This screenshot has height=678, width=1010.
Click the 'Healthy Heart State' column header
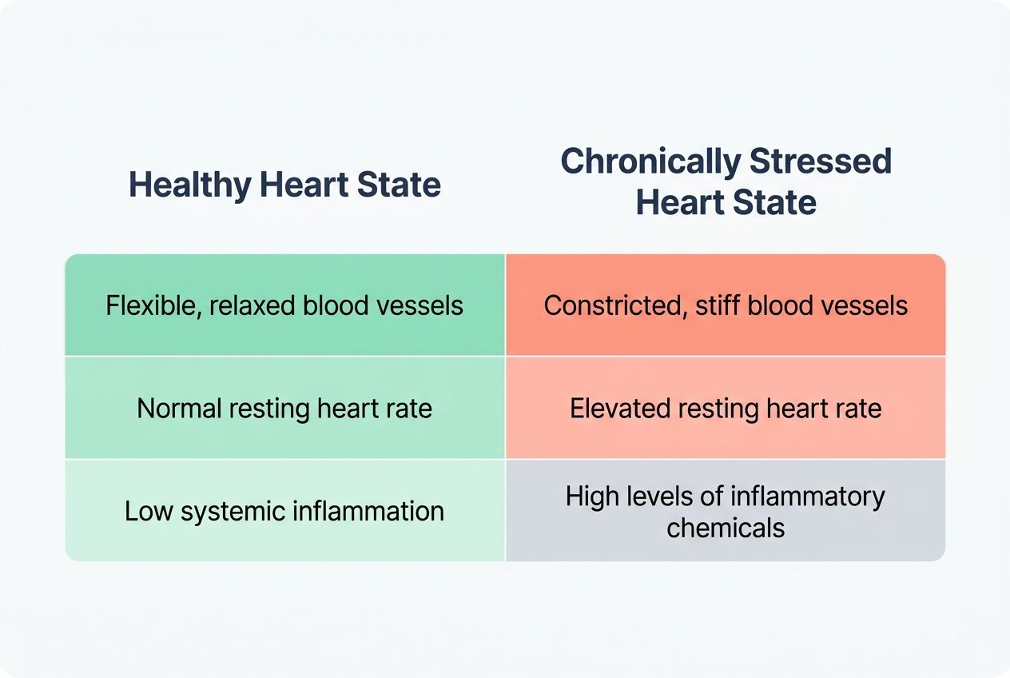click(284, 185)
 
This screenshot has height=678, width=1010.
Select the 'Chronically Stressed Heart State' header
click(726, 181)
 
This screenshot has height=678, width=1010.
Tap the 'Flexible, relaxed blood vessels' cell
click(284, 305)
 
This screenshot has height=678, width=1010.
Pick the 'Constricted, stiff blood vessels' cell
click(726, 305)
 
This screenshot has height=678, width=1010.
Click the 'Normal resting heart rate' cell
click(284, 409)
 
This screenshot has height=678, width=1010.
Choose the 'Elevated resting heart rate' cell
click(726, 409)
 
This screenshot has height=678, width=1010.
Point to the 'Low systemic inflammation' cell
click(284, 511)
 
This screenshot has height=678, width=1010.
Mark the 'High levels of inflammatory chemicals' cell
click(726, 511)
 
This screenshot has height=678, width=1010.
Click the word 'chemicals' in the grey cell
click(726, 528)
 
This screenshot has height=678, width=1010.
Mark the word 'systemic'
click(219, 511)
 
